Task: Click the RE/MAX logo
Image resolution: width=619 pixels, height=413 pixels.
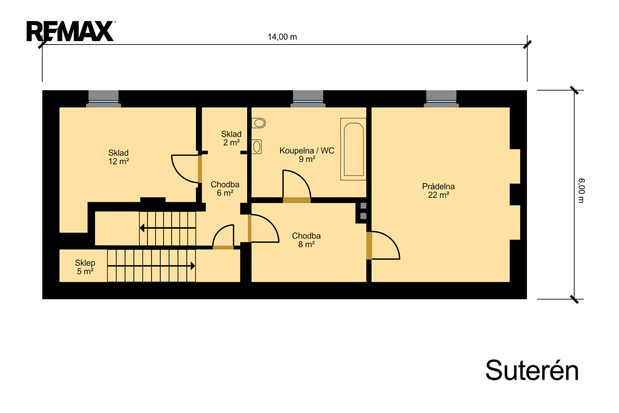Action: tap(71, 31)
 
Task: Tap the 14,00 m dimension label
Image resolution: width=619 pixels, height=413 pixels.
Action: tap(282, 37)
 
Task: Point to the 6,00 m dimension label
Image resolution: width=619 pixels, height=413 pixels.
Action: tap(581, 191)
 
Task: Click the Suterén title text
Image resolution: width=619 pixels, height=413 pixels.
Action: tap(532, 370)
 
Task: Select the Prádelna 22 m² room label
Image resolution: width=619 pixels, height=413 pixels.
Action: tap(438, 190)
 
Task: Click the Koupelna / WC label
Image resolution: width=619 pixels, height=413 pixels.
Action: tap(307, 151)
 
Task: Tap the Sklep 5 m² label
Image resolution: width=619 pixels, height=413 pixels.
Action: tap(85, 267)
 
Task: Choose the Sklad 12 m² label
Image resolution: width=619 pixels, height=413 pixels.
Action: tap(118, 157)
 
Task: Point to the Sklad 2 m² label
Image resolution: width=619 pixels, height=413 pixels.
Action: tap(231, 138)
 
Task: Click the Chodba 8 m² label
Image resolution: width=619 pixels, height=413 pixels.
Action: tap(306, 240)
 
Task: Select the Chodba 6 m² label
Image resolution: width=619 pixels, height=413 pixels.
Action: tap(225, 189)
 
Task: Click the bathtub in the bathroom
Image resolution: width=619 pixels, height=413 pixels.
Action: tap(354, 149)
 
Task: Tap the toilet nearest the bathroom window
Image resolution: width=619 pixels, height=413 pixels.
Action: tap(259, 123)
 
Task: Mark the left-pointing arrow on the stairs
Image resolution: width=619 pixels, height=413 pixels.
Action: tap(168, 228)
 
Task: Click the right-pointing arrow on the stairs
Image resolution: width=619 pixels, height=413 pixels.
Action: tap(151, 266)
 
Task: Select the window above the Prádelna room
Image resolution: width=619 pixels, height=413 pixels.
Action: tap(441, 99)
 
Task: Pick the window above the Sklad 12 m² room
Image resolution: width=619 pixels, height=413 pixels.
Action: tap(103, 99)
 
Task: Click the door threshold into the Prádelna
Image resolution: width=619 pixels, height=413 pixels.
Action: tap(369, 245)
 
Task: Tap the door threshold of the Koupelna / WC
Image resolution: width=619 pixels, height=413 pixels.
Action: tap(297, 200)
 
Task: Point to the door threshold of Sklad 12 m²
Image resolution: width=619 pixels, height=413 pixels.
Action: tap(200, 169)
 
